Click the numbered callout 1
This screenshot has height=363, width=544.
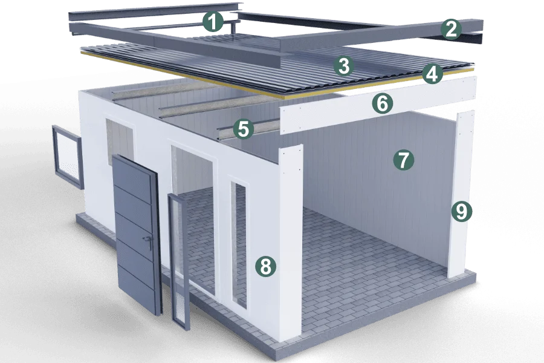[x=213, y=22]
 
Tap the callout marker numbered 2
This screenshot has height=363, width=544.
[x=451, y=30]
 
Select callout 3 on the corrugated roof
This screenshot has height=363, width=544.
[x=344, y=66]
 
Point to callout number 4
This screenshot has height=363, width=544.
[x=432, y=74]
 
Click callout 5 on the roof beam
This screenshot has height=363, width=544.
[x=244, y=129]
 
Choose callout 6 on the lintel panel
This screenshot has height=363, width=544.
[x=383, y=103]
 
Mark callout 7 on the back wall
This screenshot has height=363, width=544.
[x=404, y=160]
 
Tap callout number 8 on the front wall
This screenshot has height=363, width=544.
[x=265, y=267]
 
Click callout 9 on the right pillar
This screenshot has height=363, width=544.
[x=461, y=211]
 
